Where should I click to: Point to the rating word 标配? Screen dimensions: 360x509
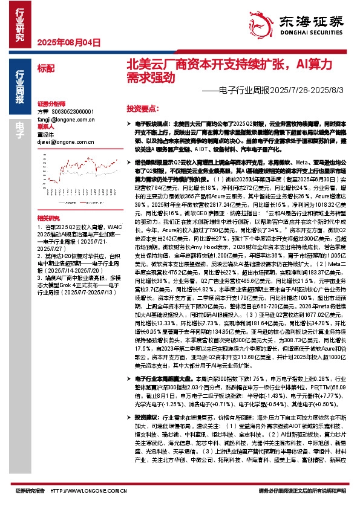(x=45, y=68)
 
